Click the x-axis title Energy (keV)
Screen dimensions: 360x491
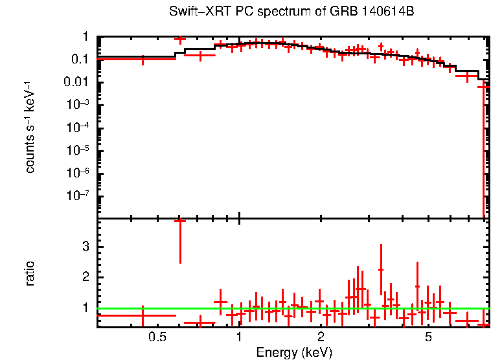295,352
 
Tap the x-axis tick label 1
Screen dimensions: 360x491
240,337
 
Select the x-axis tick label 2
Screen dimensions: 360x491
321,337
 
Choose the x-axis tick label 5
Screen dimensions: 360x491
428,337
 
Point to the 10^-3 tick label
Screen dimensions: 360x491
79,105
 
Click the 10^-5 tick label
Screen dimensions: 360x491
79,150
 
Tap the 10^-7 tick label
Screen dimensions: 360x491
79,196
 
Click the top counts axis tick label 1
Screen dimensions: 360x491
85,37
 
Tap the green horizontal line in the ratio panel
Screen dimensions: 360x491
291,308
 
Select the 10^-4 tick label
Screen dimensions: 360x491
79,128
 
